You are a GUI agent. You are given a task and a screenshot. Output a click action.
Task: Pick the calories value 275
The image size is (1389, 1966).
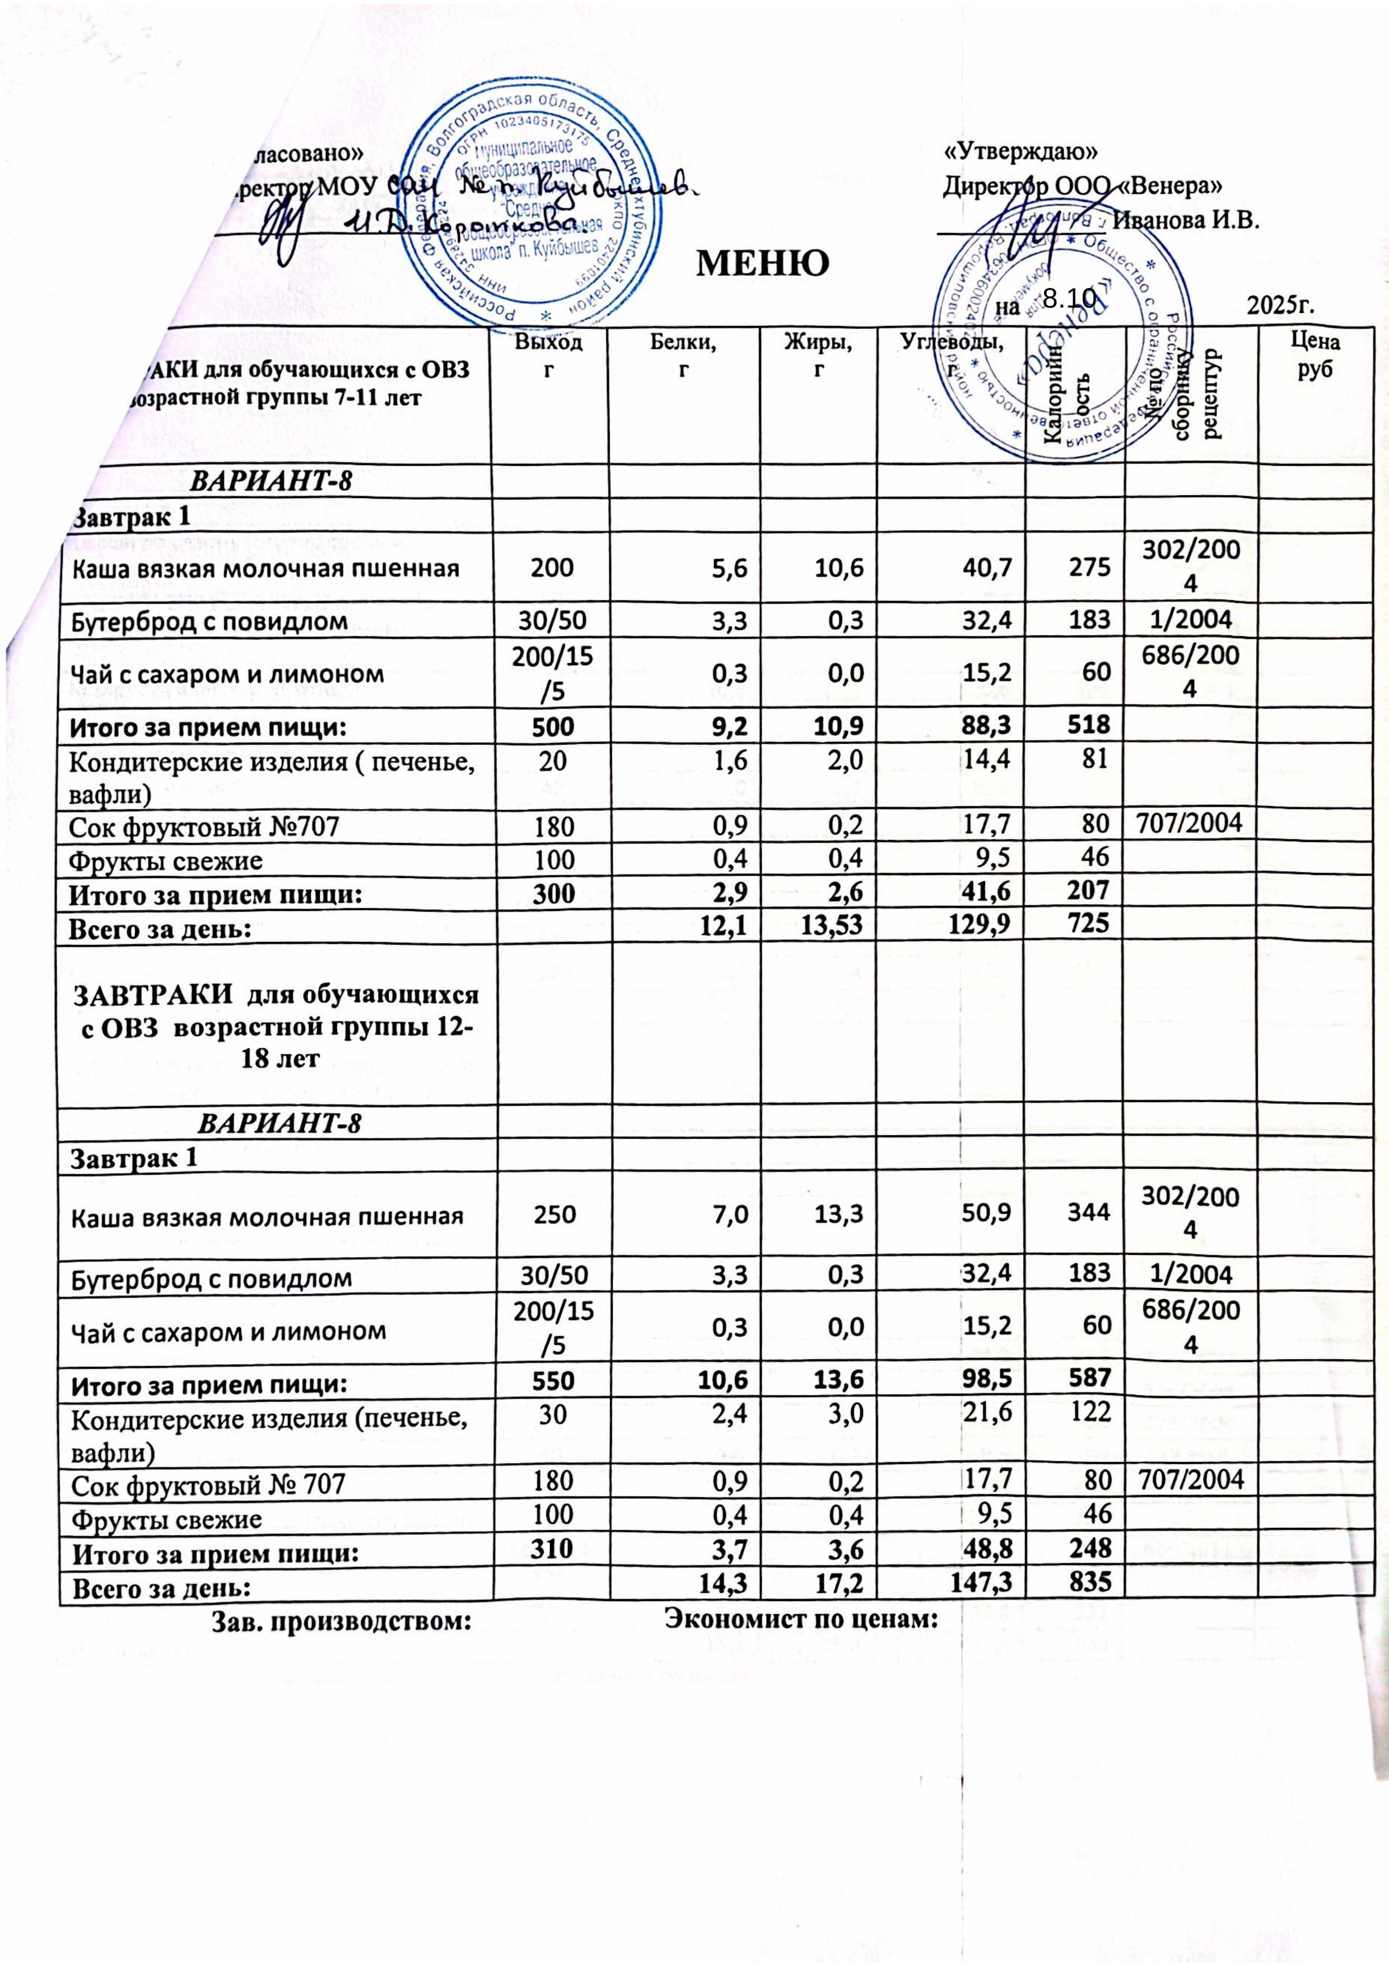coord(1092,567)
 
